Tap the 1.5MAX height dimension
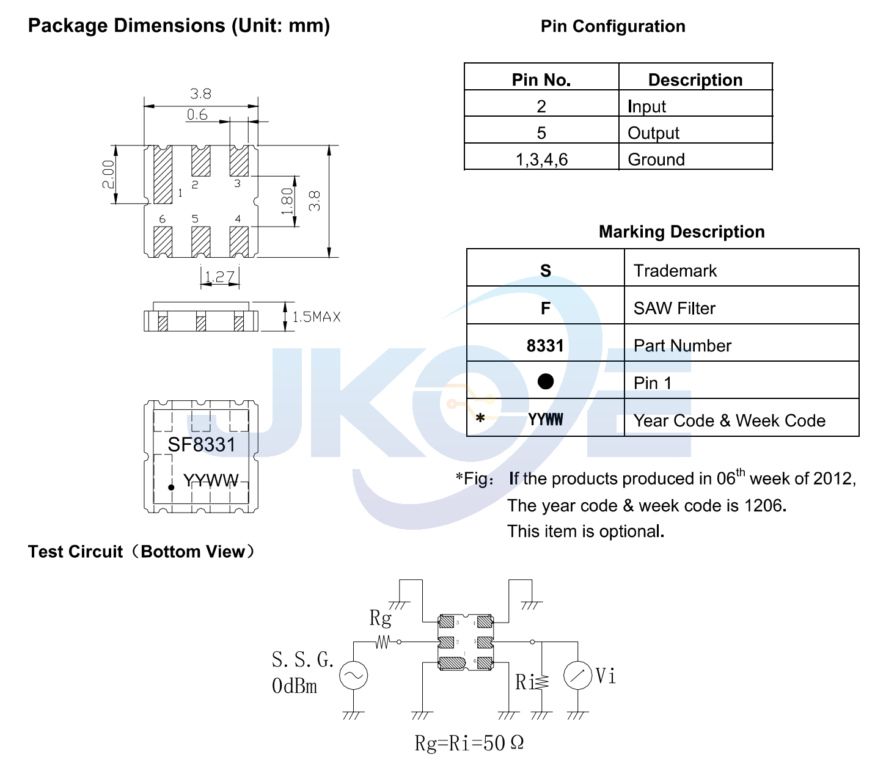[316, 316]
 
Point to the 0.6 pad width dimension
[197, 115]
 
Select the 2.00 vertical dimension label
[108, 175]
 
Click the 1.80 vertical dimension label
[287, 201]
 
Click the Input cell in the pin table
[646, 106]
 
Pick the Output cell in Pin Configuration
[653, 133]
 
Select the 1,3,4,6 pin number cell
[541, 159]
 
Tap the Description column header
[695, 80]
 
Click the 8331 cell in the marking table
[545, 346]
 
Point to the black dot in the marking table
[546, 382]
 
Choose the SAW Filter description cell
[674, 309]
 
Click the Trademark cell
[675, 271]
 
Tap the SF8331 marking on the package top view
[201, 445]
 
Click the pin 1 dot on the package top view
[172, 487]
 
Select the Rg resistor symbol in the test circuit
[383, 642]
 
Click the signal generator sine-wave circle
[354, 676]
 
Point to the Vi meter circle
[577, 676]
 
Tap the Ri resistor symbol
[541, 681]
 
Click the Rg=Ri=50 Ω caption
[469, 743]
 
